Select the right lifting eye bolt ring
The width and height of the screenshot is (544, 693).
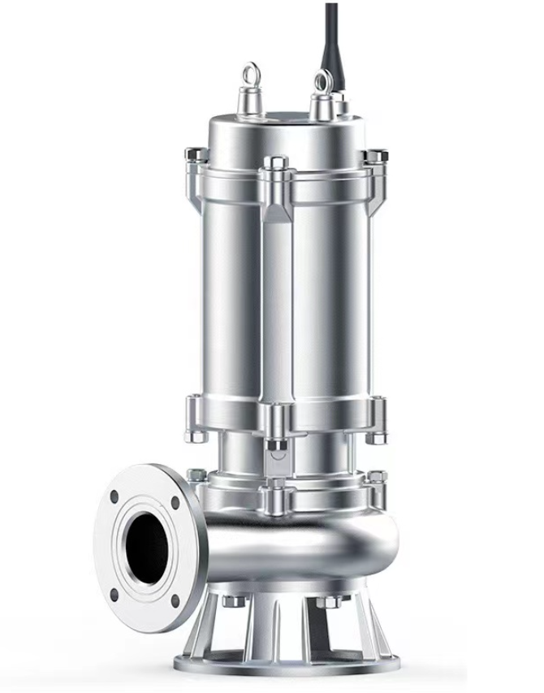[322, 80]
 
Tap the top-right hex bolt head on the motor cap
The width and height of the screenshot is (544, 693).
[375, 155]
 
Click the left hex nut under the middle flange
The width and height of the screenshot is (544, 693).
[195, 435]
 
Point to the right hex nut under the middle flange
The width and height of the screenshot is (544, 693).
[376, 437]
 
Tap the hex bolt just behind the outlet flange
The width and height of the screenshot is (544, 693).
[196, 474]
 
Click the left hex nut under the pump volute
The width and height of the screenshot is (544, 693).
[231, 601]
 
